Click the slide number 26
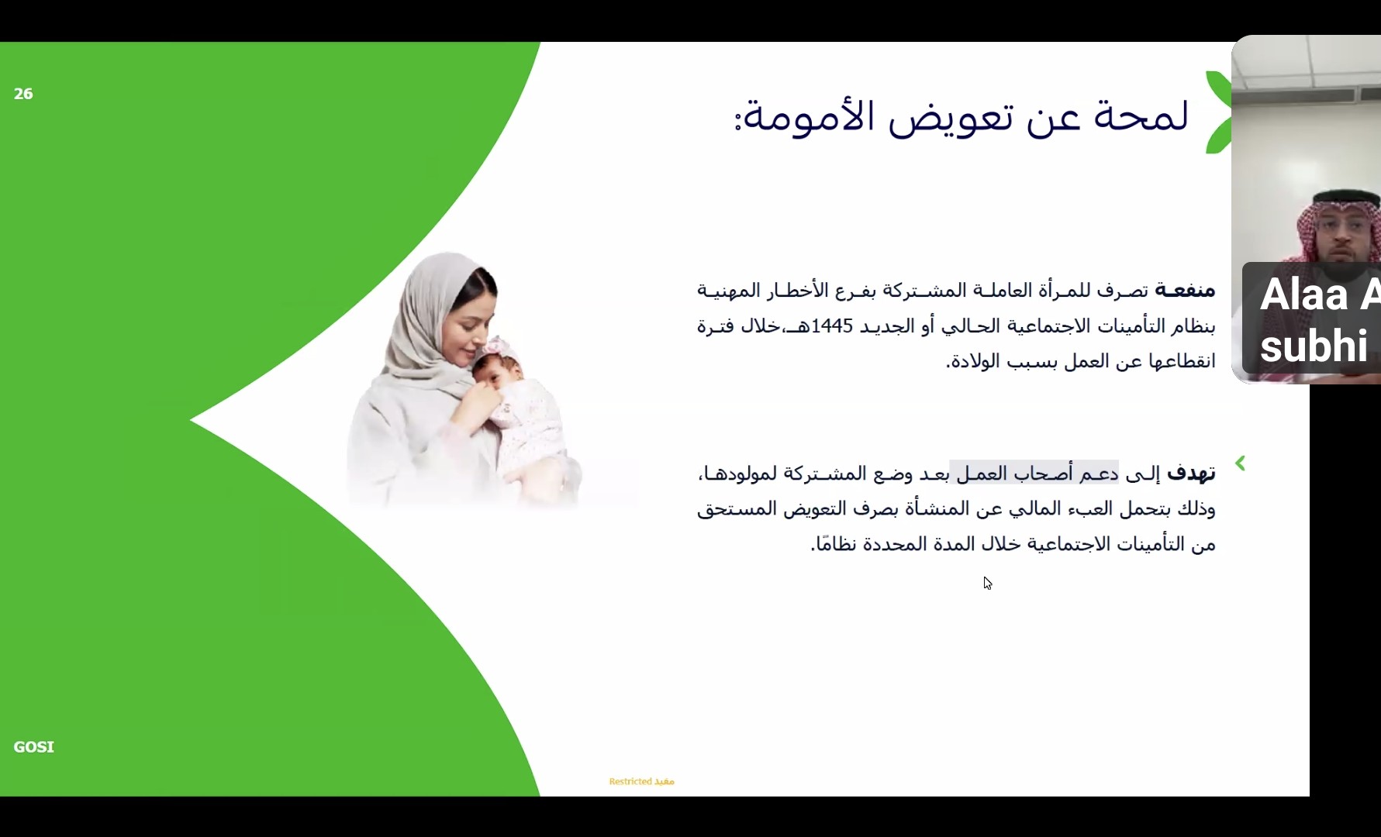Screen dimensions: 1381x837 point(23,94)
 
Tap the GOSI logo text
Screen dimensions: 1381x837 point(34,747)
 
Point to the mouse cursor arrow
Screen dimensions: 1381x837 point(988,584)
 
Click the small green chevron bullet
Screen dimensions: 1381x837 point(1240,463)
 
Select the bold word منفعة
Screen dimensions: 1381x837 point(1185,291)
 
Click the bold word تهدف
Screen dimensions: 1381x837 point(1191,473)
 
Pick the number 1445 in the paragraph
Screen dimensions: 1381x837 point(832,326)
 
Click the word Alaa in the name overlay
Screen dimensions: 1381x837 point(1304,295)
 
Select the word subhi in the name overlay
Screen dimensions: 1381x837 point(1314,346)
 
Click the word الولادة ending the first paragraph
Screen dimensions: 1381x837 point(975,362)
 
